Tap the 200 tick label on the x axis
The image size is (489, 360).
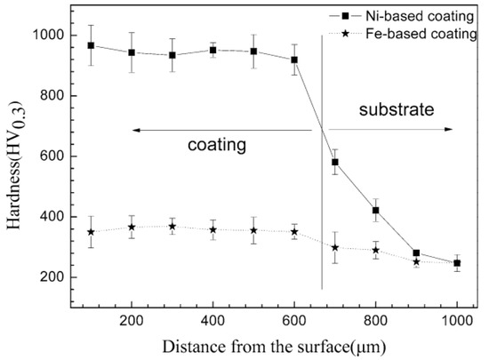coord(132,310)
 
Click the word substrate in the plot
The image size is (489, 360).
coord(397,111)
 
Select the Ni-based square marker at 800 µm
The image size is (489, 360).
coord(376,211)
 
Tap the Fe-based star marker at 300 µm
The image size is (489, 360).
coord(172,226)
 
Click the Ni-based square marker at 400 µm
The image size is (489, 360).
coord(213,50)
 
